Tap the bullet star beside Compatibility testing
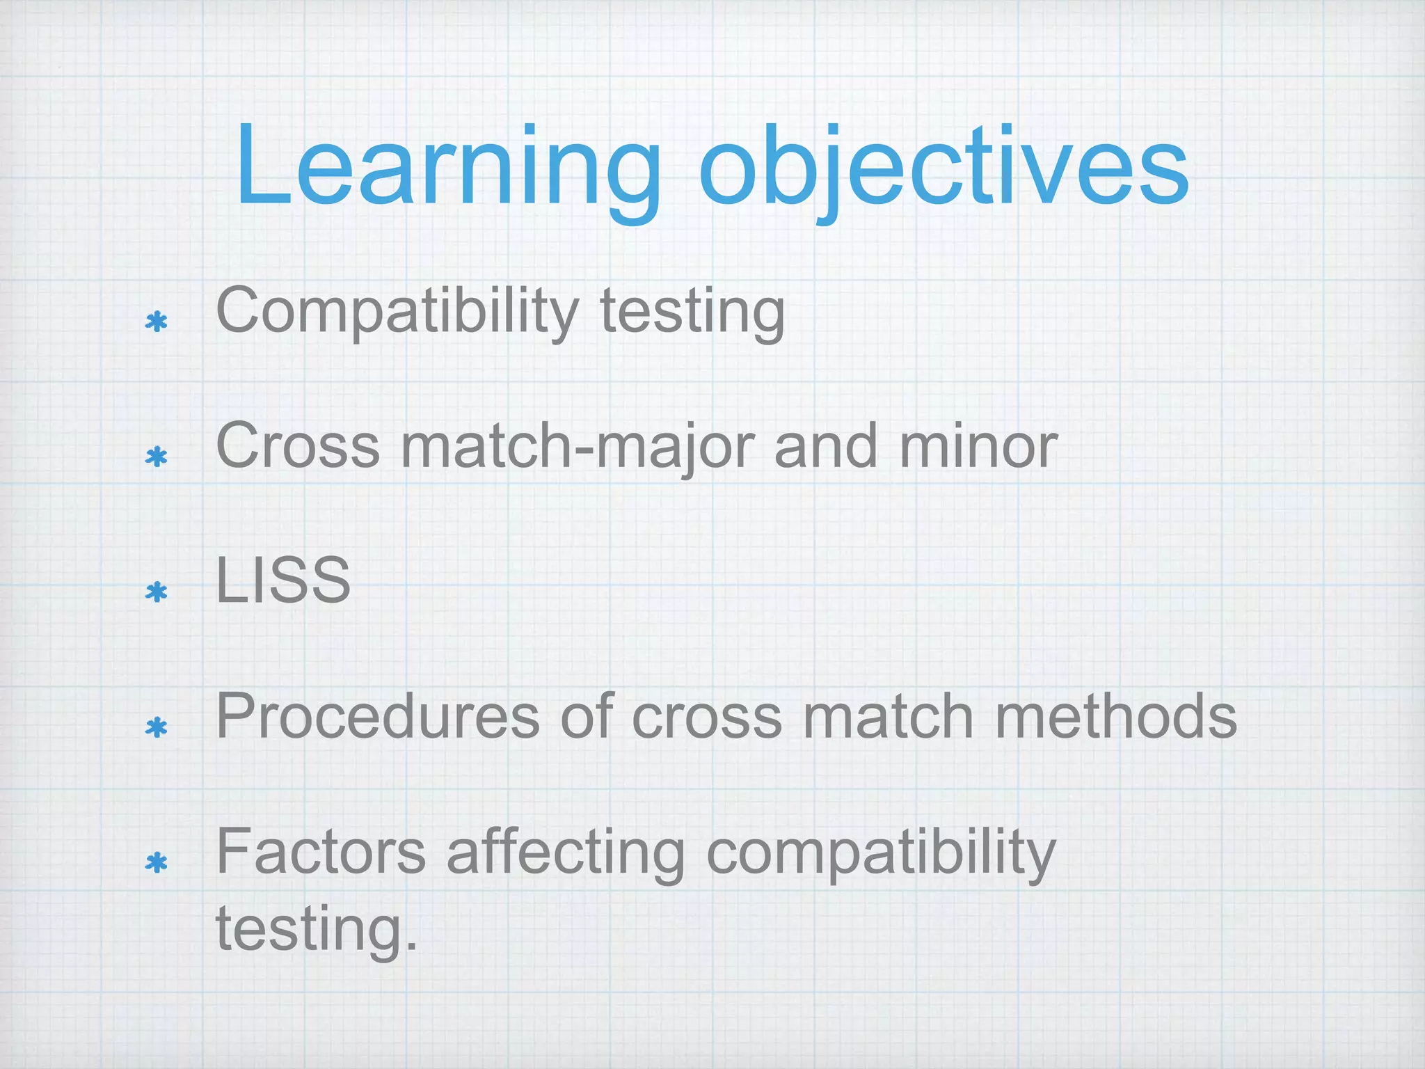(157, 322)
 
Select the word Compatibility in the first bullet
(397, 312)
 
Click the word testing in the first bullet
(692, 312)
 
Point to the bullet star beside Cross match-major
(157, 457)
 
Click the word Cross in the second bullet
(298, 446)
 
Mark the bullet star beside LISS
(157, 592)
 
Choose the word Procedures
(378, 716)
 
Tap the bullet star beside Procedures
(157, 728)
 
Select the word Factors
(321, 852)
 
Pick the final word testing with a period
(317, 928)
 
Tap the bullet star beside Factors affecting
(157, 863)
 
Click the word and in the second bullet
(826, 446)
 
